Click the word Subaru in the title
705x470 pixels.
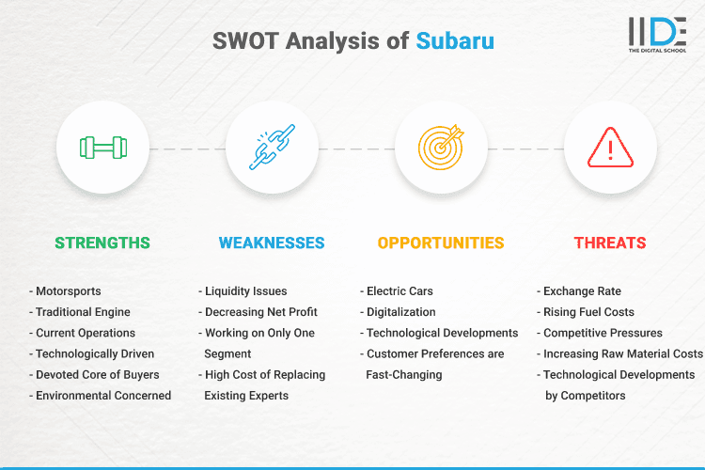(x=455, y=41)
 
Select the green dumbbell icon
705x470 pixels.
(x=102, y=149)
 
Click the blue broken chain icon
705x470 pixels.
(x=272, y=149)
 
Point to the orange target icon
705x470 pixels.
(x=441, y=149)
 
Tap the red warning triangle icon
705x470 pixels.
(x=610, y=149)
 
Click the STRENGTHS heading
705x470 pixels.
(x=102, y=243)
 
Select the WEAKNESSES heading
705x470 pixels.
(x=272, y=243)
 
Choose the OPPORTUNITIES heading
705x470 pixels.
(x=441, y=243)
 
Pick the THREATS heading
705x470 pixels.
(x=610, y=243)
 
